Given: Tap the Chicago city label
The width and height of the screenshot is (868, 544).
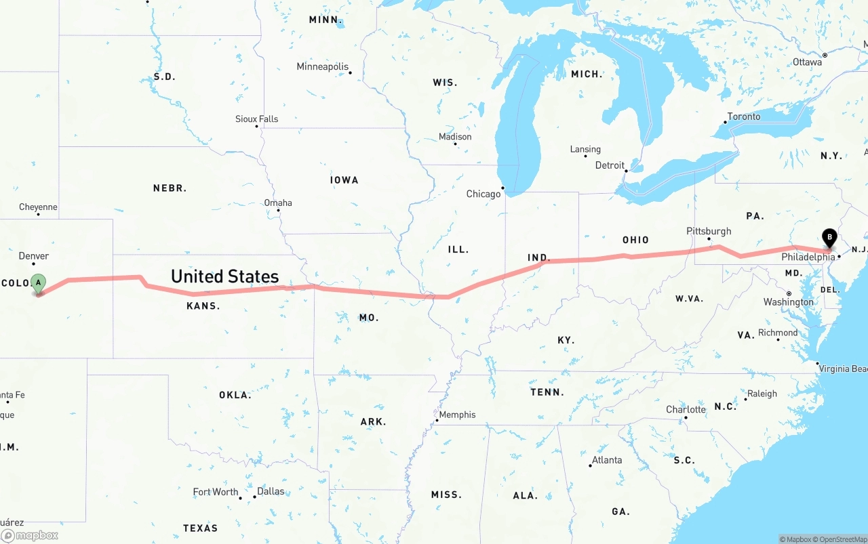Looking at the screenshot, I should click(483, 194).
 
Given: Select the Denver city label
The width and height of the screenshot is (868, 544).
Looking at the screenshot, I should click(34, 255).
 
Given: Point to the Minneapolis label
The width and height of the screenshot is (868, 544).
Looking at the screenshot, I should click(322, 67).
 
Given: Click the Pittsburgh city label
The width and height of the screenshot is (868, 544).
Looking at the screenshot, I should click(709, 231).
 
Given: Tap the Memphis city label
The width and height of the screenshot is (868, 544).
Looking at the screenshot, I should click(457, 415).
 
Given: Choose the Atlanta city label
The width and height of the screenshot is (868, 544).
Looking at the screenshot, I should click(606, 460).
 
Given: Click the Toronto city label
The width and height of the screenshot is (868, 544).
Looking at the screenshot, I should click(744, 117).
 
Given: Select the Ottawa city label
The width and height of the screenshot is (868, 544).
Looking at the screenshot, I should click(807, 62).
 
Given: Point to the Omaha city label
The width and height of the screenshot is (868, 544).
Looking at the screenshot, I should click(278, 203).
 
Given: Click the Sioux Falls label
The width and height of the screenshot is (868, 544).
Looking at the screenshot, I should click(256, 119).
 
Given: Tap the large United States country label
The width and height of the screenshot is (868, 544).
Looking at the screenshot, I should click(224, 276).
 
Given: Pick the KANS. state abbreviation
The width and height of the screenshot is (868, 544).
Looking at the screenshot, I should click(203, 306).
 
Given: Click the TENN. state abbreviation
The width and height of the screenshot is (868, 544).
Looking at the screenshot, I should click(547, 392).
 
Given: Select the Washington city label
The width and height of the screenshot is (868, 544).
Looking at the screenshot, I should click(788, 302).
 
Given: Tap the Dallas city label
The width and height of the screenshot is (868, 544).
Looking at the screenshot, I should click(271, 491).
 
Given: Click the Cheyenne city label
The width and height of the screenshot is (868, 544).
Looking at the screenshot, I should click(38, 207).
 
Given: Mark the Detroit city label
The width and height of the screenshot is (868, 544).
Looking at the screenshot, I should click(610, 165).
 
